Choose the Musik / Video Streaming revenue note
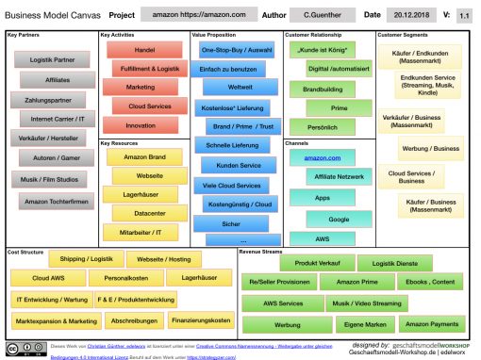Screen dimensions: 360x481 coord(365,303)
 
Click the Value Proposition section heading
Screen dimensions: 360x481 coord(212,35)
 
